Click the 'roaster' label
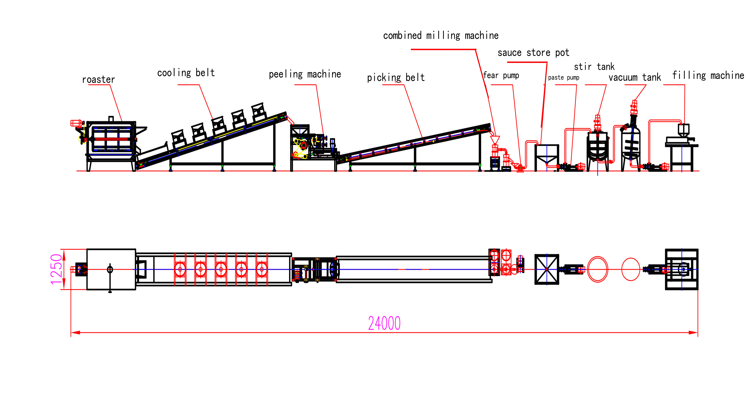click(x=98, y=80)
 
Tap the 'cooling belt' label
click(x=186, y=73)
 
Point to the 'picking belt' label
click(x=396, y=78)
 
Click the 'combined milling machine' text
click(x=441, y=35)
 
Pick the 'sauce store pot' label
click(x=533, y=53)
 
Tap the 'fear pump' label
click(x=501, y=75)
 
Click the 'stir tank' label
click(x=594, y=67)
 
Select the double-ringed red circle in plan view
click(x=597, y=269)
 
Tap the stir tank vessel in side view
click(x=597, y=147)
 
